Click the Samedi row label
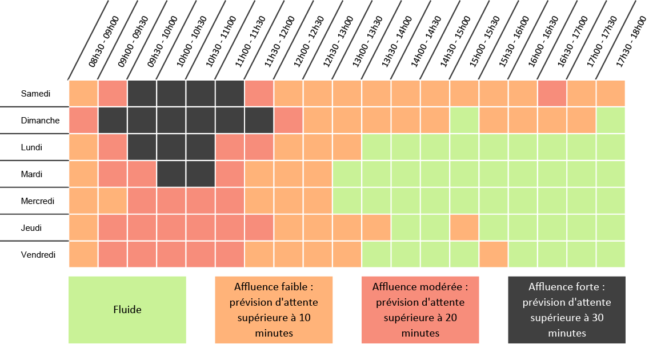coord(35,93)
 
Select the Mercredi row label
coord(38,201)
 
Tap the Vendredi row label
coord(38,255)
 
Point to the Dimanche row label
coord(40,121)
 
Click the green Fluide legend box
coord(127,310)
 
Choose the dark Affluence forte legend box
coord(567,310)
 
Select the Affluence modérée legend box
coord(420,310)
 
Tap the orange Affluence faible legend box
coord(274,310)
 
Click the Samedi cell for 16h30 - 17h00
coord(552,93)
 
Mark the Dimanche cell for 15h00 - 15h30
coord(464,120)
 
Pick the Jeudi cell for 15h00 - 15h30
coord(464,227)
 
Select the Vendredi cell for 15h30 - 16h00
coord(493,254)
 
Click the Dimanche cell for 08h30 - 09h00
coord(83,120)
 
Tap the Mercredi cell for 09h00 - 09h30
coord(113,201)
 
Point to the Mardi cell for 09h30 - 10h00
coord(142,174)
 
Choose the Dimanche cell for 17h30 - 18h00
coord(611,120)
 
